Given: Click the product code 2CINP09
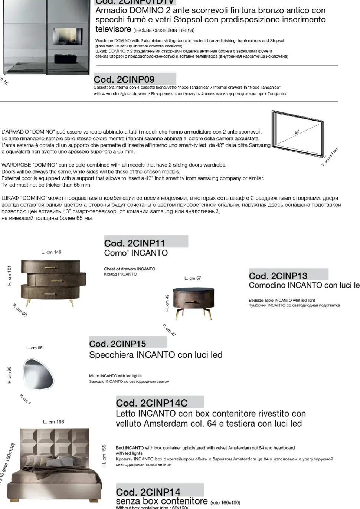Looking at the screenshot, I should click(x=124, y=79).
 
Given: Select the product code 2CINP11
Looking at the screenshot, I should click(x=134, y=243).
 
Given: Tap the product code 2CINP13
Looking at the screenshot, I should click(x=278, y=276).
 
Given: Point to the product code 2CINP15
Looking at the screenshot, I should click(x=117, y=344).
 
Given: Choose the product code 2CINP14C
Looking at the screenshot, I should click(x=151, y=403).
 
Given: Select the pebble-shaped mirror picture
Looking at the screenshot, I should click(x=39, y=374).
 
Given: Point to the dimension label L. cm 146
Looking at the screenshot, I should click(x=51, y=252).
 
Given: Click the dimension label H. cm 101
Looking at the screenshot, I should click(x=10, y=275).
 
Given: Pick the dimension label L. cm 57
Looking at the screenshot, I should click(x=193, y=278).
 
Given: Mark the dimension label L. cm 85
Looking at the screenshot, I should click(x=35, y=348).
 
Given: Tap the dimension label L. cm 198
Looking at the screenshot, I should click(x=53, y=422).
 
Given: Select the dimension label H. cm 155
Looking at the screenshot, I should click(x=104, y=455).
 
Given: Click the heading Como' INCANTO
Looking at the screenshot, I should click(x=136, y=253).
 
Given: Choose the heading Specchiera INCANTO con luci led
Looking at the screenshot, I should click(x=156, y=355).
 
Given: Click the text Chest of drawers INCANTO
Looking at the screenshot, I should click(x=130, y=269).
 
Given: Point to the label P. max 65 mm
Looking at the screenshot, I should click(x=330, y=157).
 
